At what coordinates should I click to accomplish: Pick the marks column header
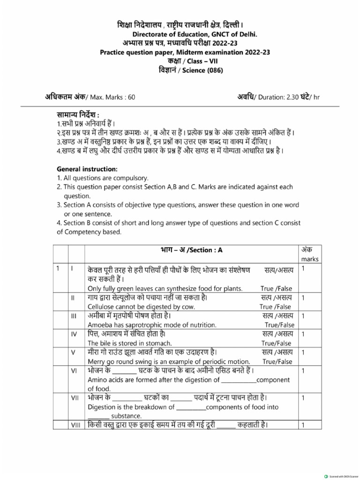tap(309, 259)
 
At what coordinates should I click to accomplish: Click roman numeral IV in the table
tap(73, 334)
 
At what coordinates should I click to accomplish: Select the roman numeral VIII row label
tap(75, 425)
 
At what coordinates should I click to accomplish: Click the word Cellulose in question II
tap(102, 307)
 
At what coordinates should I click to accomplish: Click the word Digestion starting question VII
tap(103, 407)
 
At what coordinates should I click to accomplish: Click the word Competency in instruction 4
tap(83, 232)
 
